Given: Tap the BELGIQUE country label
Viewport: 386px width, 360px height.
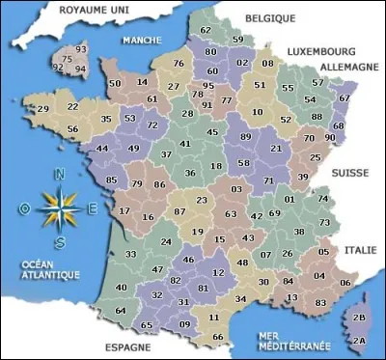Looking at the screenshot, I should pyautogui.click(x=271, y=18).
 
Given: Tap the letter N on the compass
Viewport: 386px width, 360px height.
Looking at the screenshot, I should pyautogui.click(x=61, y=175).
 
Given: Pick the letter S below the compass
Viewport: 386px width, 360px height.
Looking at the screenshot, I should pyautogui.click(x=61, y=241).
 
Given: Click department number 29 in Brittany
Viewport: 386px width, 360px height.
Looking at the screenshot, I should pyautogui.click(x=43, y=109).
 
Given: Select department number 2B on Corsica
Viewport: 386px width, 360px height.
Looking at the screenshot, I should pyautogui.click(x=361, y=317).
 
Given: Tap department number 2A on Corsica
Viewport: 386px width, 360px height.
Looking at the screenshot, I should pyautogui.click(x=359, y=339).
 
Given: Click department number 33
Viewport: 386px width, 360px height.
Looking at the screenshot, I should pyautogui.click(x=130, y=254).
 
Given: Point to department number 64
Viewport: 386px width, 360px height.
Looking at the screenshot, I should pyautogui.click(x=120, y=310).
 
